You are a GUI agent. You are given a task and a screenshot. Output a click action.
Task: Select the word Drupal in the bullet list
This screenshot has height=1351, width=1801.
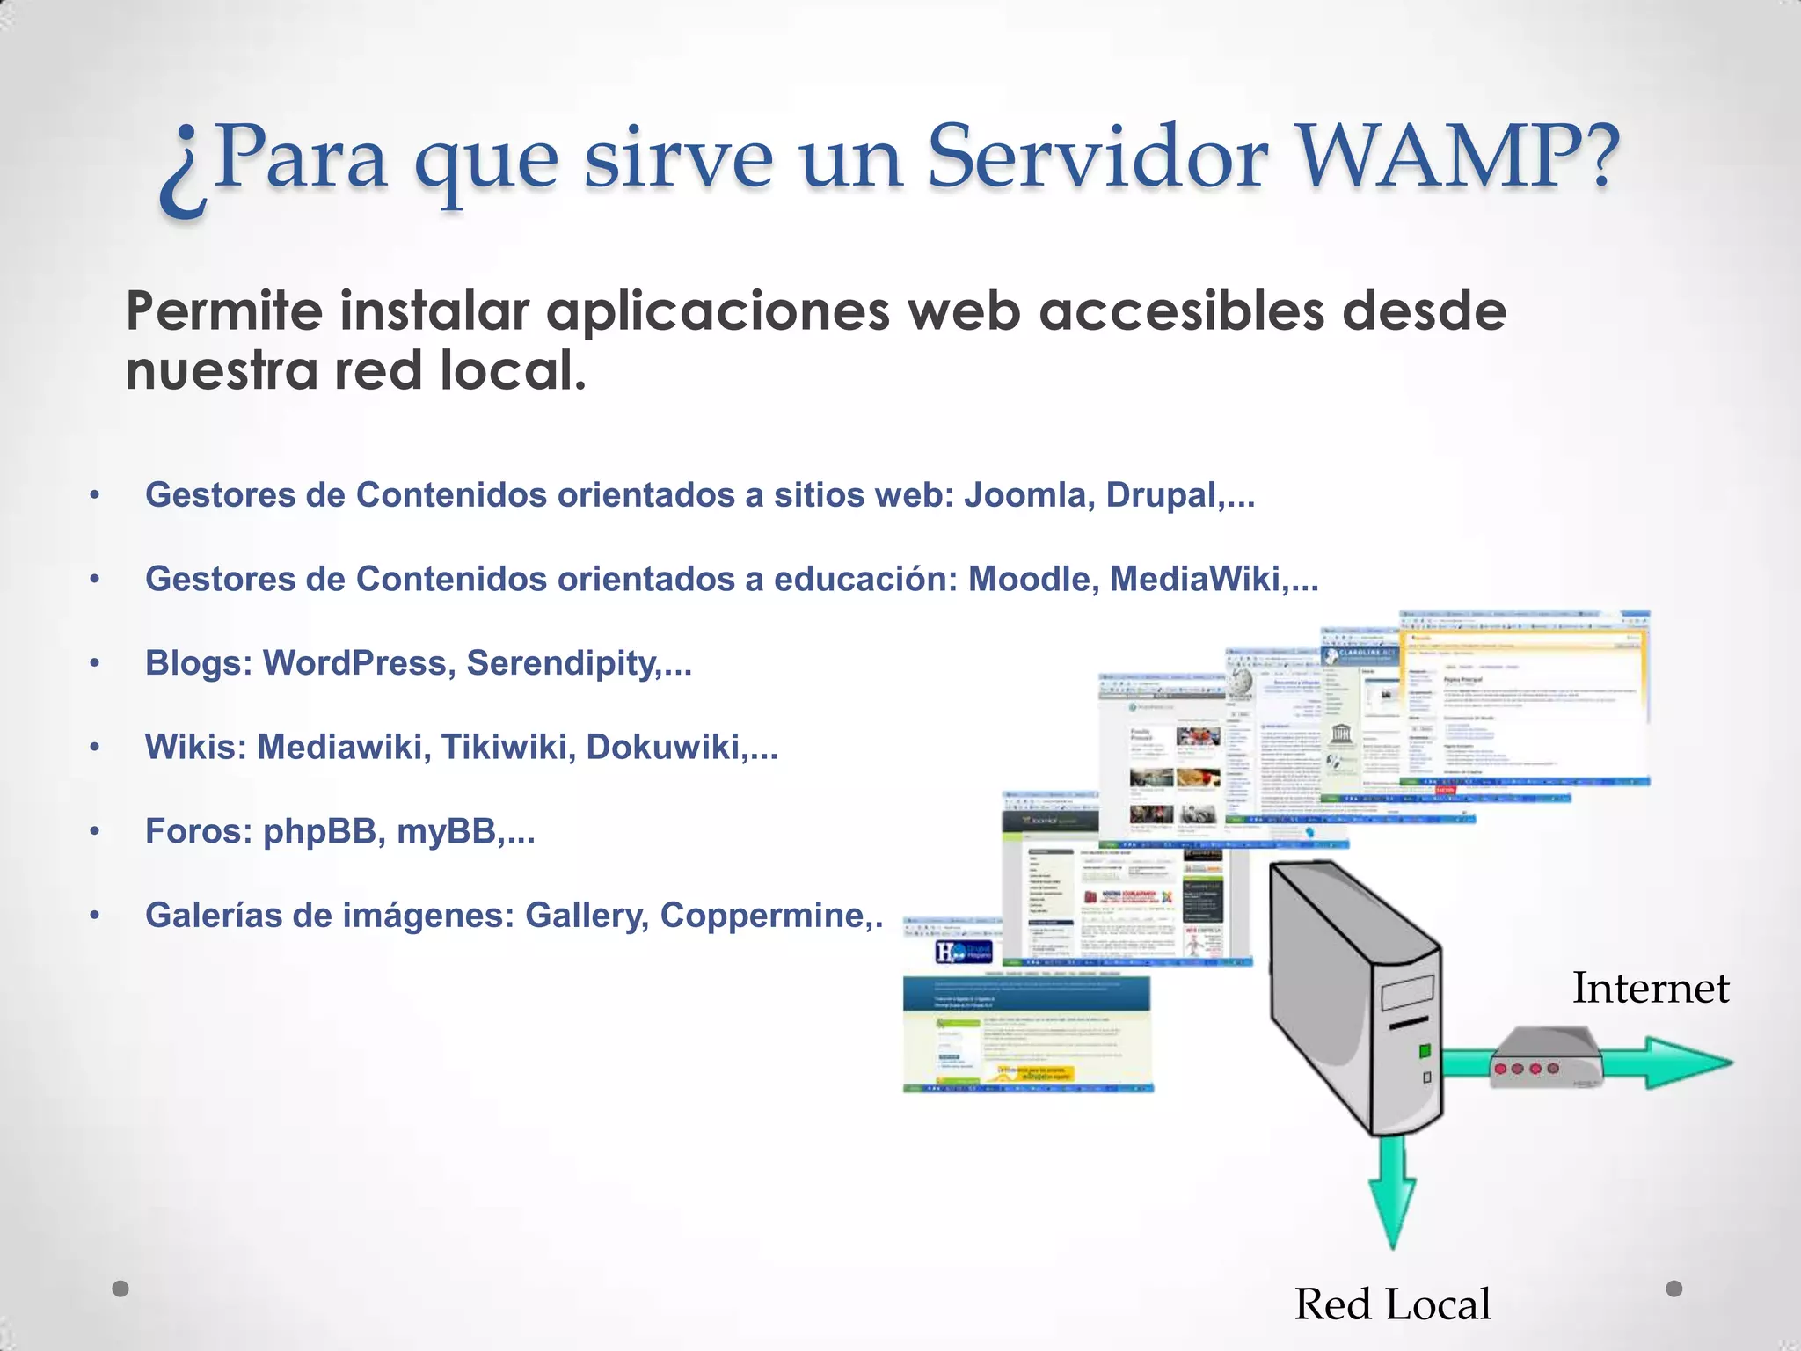point(1163,495)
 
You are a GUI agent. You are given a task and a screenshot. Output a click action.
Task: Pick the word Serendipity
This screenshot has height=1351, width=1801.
point(563,664)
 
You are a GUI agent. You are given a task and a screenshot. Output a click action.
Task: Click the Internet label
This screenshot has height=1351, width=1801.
point(1650,988)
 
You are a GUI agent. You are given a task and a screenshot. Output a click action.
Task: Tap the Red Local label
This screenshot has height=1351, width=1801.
point(1392,1304)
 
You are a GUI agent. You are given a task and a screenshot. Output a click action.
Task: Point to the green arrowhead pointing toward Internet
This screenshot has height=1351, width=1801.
point(1684,1063)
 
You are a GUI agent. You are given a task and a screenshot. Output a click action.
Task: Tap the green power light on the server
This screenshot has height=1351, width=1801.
point(1425,1050)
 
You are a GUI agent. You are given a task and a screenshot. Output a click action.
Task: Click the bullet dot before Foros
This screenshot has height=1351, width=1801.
point(95,832)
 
